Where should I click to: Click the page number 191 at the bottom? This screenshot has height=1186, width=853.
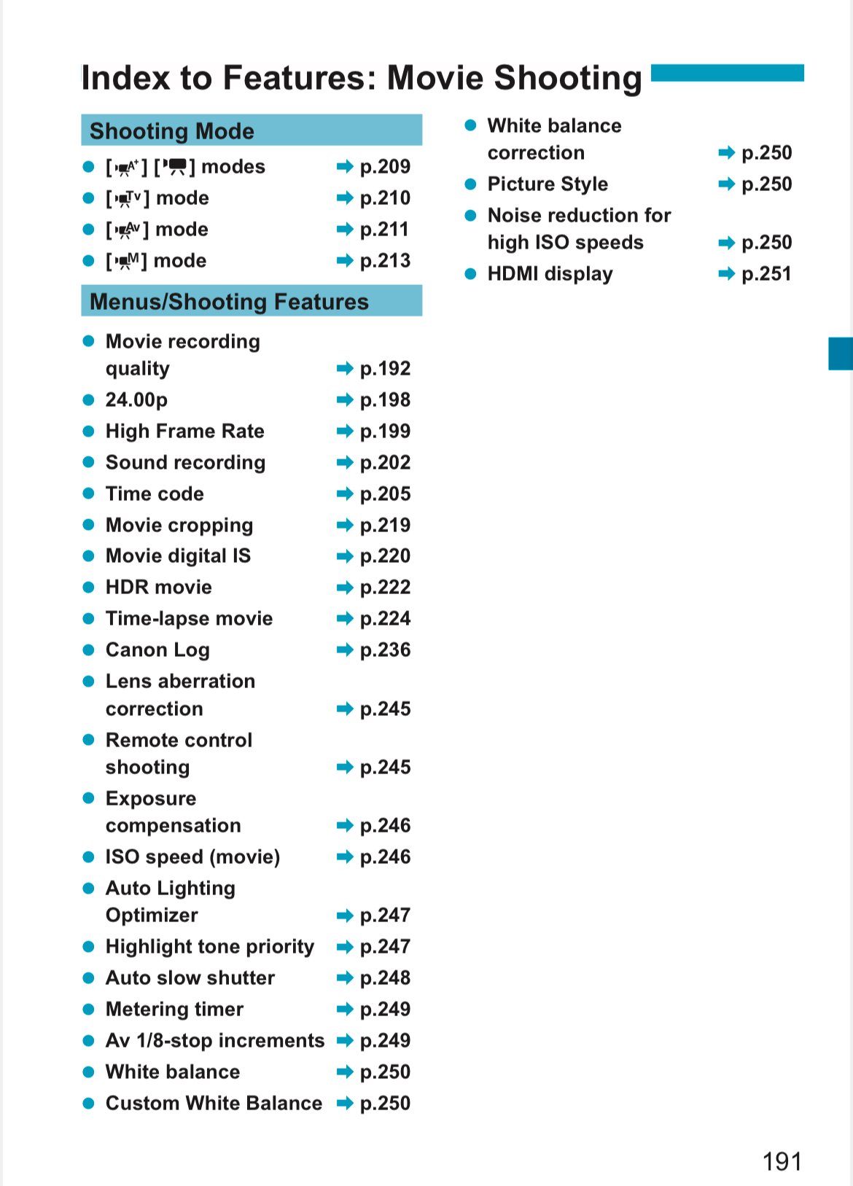pyautogui.click(x=782, y=1160)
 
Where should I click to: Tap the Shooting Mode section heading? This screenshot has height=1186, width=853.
pyautogui.click(x=172, y=131)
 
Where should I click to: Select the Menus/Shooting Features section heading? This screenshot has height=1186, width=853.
pyautogui.click(x=229, y=302)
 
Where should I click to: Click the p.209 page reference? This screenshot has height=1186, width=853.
pyautogui.click(x=385, y=167)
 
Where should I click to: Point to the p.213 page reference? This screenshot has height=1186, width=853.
pyautogui.click(x=385, y=261)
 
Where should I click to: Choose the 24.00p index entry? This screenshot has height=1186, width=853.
pyautogui.click(x=136, y=400)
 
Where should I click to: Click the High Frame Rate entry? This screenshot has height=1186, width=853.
pyautogui.click(x=184, y=432)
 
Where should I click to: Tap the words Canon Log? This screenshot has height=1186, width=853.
pyautogui.click(x=157, y=650)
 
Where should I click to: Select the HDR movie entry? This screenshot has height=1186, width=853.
pyautogui.click(x=158, y=588)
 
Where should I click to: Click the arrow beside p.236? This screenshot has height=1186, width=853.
pyautogui.click(x=345, y=650)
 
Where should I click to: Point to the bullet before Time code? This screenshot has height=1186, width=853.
pyautogui.click(x=89, y=494)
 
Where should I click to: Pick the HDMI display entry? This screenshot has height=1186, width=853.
pyautogui.click(x=550, y=274)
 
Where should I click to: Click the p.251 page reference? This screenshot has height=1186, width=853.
pyautogui.click(x=766, y=274)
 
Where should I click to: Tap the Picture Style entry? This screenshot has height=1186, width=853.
pyautogui.click(x=548, y=184)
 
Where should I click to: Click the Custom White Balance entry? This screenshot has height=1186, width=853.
pyautogui.click(x=214, y=1104)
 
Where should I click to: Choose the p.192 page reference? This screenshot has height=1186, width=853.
pyautogui.click(x=385, y=369)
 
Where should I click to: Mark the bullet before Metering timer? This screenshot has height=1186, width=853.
pyautogui.click(x=89, y=1010)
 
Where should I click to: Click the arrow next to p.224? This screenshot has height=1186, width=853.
pyautogui.click(x=345, y=619)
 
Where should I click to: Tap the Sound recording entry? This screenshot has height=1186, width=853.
pyautogui.click(x=185, y=463)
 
